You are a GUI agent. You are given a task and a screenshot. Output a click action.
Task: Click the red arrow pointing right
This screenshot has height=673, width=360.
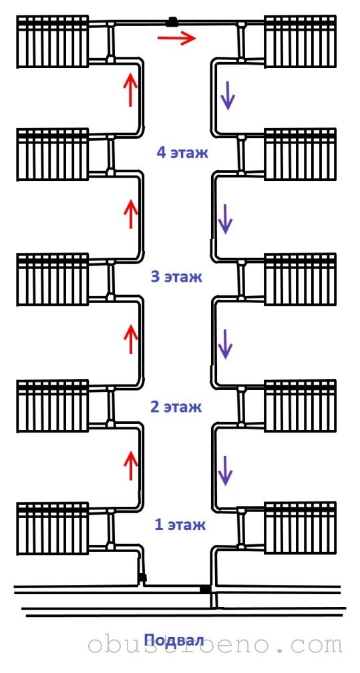176,39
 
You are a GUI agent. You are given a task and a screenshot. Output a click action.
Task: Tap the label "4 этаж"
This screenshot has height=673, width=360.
182,152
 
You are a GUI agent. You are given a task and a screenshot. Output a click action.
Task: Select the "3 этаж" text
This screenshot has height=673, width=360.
176,277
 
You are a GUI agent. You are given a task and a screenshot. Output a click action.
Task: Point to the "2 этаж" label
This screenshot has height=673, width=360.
176,407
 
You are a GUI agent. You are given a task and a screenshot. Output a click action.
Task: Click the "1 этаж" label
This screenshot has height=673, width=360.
180,525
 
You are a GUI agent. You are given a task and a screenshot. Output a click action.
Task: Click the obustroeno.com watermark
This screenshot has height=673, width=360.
215,645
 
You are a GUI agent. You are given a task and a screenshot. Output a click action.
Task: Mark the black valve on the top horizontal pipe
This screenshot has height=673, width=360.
172,21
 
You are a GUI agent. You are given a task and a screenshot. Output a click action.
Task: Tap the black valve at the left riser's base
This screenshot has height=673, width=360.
142,578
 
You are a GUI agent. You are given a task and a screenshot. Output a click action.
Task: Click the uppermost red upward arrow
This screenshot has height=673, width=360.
131,89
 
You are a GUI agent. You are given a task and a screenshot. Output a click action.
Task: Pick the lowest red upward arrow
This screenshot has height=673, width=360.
131,466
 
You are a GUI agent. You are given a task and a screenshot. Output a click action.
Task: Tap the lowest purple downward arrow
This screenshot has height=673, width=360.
225,471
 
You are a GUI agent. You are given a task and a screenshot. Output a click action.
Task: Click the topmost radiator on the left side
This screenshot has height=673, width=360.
52,41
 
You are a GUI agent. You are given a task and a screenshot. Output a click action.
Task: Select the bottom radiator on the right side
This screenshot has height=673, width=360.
300,528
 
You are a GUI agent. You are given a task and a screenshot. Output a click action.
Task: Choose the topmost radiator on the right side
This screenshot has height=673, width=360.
300,41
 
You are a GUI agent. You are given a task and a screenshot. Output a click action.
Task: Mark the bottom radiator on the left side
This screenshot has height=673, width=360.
52,529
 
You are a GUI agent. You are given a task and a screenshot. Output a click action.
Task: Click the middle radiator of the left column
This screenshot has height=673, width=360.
52,279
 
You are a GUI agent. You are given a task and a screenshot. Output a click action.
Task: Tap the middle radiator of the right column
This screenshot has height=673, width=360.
300,279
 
